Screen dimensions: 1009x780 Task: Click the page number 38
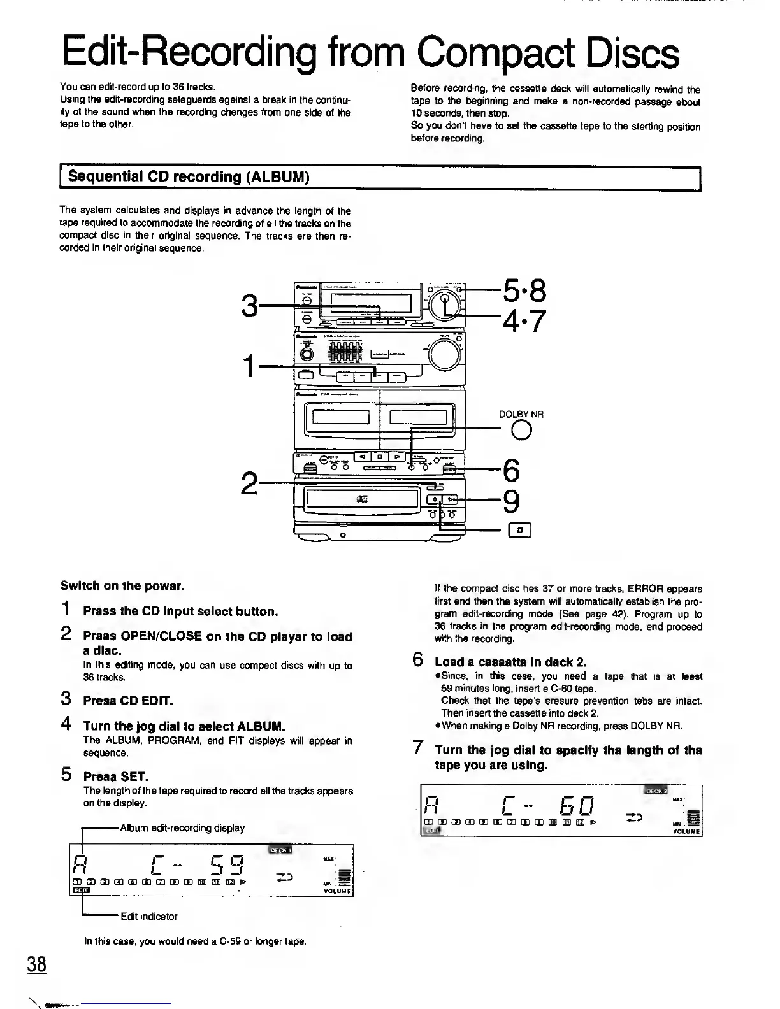coord(36,964)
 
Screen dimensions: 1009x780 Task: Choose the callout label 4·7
coord(524,320)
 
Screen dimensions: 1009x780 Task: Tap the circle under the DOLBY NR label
coord(521,431)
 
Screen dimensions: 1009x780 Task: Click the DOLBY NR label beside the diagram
coord(521,414)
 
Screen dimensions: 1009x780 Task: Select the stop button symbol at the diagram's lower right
coord(520,529)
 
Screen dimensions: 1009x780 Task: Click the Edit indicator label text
coord(149,916)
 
